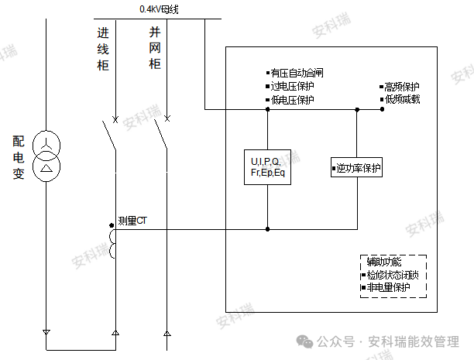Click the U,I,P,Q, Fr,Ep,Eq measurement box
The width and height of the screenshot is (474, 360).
point(267,166)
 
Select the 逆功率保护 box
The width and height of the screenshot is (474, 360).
point(356,168)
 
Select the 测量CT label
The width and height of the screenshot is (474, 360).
point(132,221)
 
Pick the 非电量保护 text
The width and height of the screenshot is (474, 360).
point(390,287)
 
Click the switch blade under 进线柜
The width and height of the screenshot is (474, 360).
point(109,137)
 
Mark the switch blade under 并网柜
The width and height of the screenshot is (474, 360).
point(161,137)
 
